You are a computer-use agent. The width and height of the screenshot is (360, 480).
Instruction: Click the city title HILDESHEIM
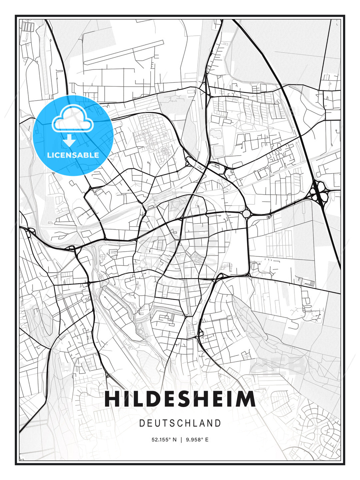pyautogui.click(x=180, y=399)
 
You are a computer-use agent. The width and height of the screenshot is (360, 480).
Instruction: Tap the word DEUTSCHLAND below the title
pyautogui.click(x=180, y=423)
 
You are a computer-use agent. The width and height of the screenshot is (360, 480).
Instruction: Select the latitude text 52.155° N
pyautogui.click(x=164, y=440)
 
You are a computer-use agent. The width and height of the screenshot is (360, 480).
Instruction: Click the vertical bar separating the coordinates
pyautogui.click(x=181, y=440)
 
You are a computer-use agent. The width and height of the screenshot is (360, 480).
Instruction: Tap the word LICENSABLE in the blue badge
pyautogui.click(x=73, y=155)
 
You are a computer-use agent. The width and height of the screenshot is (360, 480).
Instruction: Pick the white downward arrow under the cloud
pyautogui.click(x=69, y=140)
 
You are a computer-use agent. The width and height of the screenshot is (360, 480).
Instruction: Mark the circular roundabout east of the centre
pyautogui.click(x=246, y=213)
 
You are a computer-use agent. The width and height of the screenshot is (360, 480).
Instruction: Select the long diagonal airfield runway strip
pyautogui.click(x=124, y=52)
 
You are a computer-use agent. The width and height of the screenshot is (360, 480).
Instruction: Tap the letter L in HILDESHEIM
pyautogui.click(x=137, y=399)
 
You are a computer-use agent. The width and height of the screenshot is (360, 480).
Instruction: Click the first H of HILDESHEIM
pyautogui.click(x=112, y=399)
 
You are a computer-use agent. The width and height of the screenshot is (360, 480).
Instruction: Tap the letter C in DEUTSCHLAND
pyautogui.click(x=179, y=423)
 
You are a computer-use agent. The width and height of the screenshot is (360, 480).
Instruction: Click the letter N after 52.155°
pyautogui.click(x=174, y=440)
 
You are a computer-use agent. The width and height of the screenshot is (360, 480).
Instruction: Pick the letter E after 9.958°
pyautogui.click(x=207, y=440)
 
